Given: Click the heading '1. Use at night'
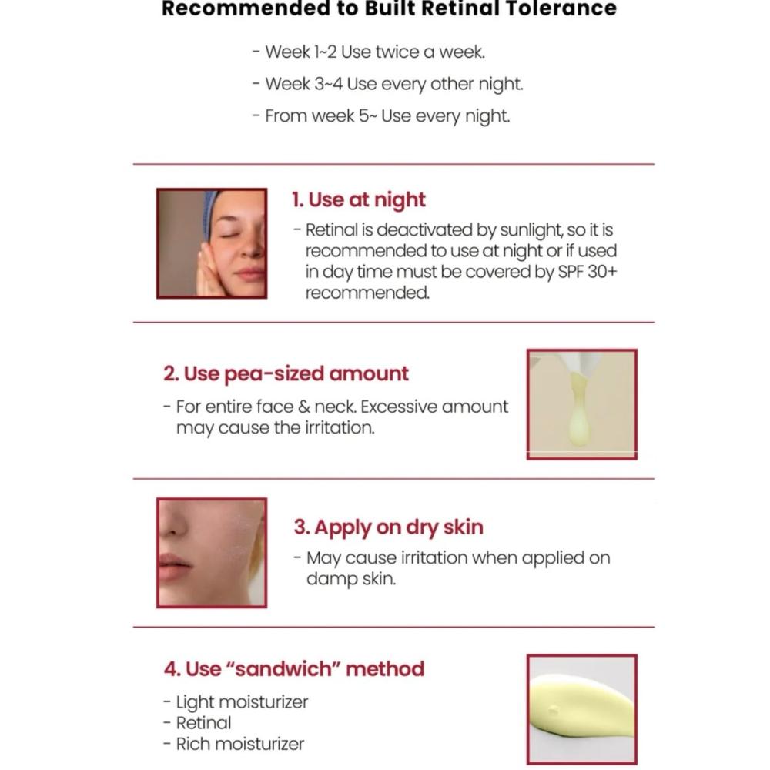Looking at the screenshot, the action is coord(359,200).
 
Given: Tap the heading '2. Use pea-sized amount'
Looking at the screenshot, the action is coord(286,373).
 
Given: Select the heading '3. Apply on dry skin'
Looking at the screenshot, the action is coord(388,527).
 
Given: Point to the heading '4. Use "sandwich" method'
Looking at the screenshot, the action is coord(294,669).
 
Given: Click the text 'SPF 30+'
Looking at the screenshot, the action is coord(588,272).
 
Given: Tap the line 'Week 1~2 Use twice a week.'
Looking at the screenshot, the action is coord(369,52).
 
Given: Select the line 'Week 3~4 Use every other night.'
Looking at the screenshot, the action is coord(388,84).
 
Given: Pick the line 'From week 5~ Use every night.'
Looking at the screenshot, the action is coord(381,116).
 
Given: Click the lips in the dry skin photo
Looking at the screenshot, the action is coord(173,566).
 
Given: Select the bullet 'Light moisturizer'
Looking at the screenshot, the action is coord(236,702).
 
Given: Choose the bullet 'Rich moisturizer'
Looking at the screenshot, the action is coord(234,744).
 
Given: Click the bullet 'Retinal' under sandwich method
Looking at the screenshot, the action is coord(197,723).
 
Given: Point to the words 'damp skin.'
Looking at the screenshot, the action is coord(351,579).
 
